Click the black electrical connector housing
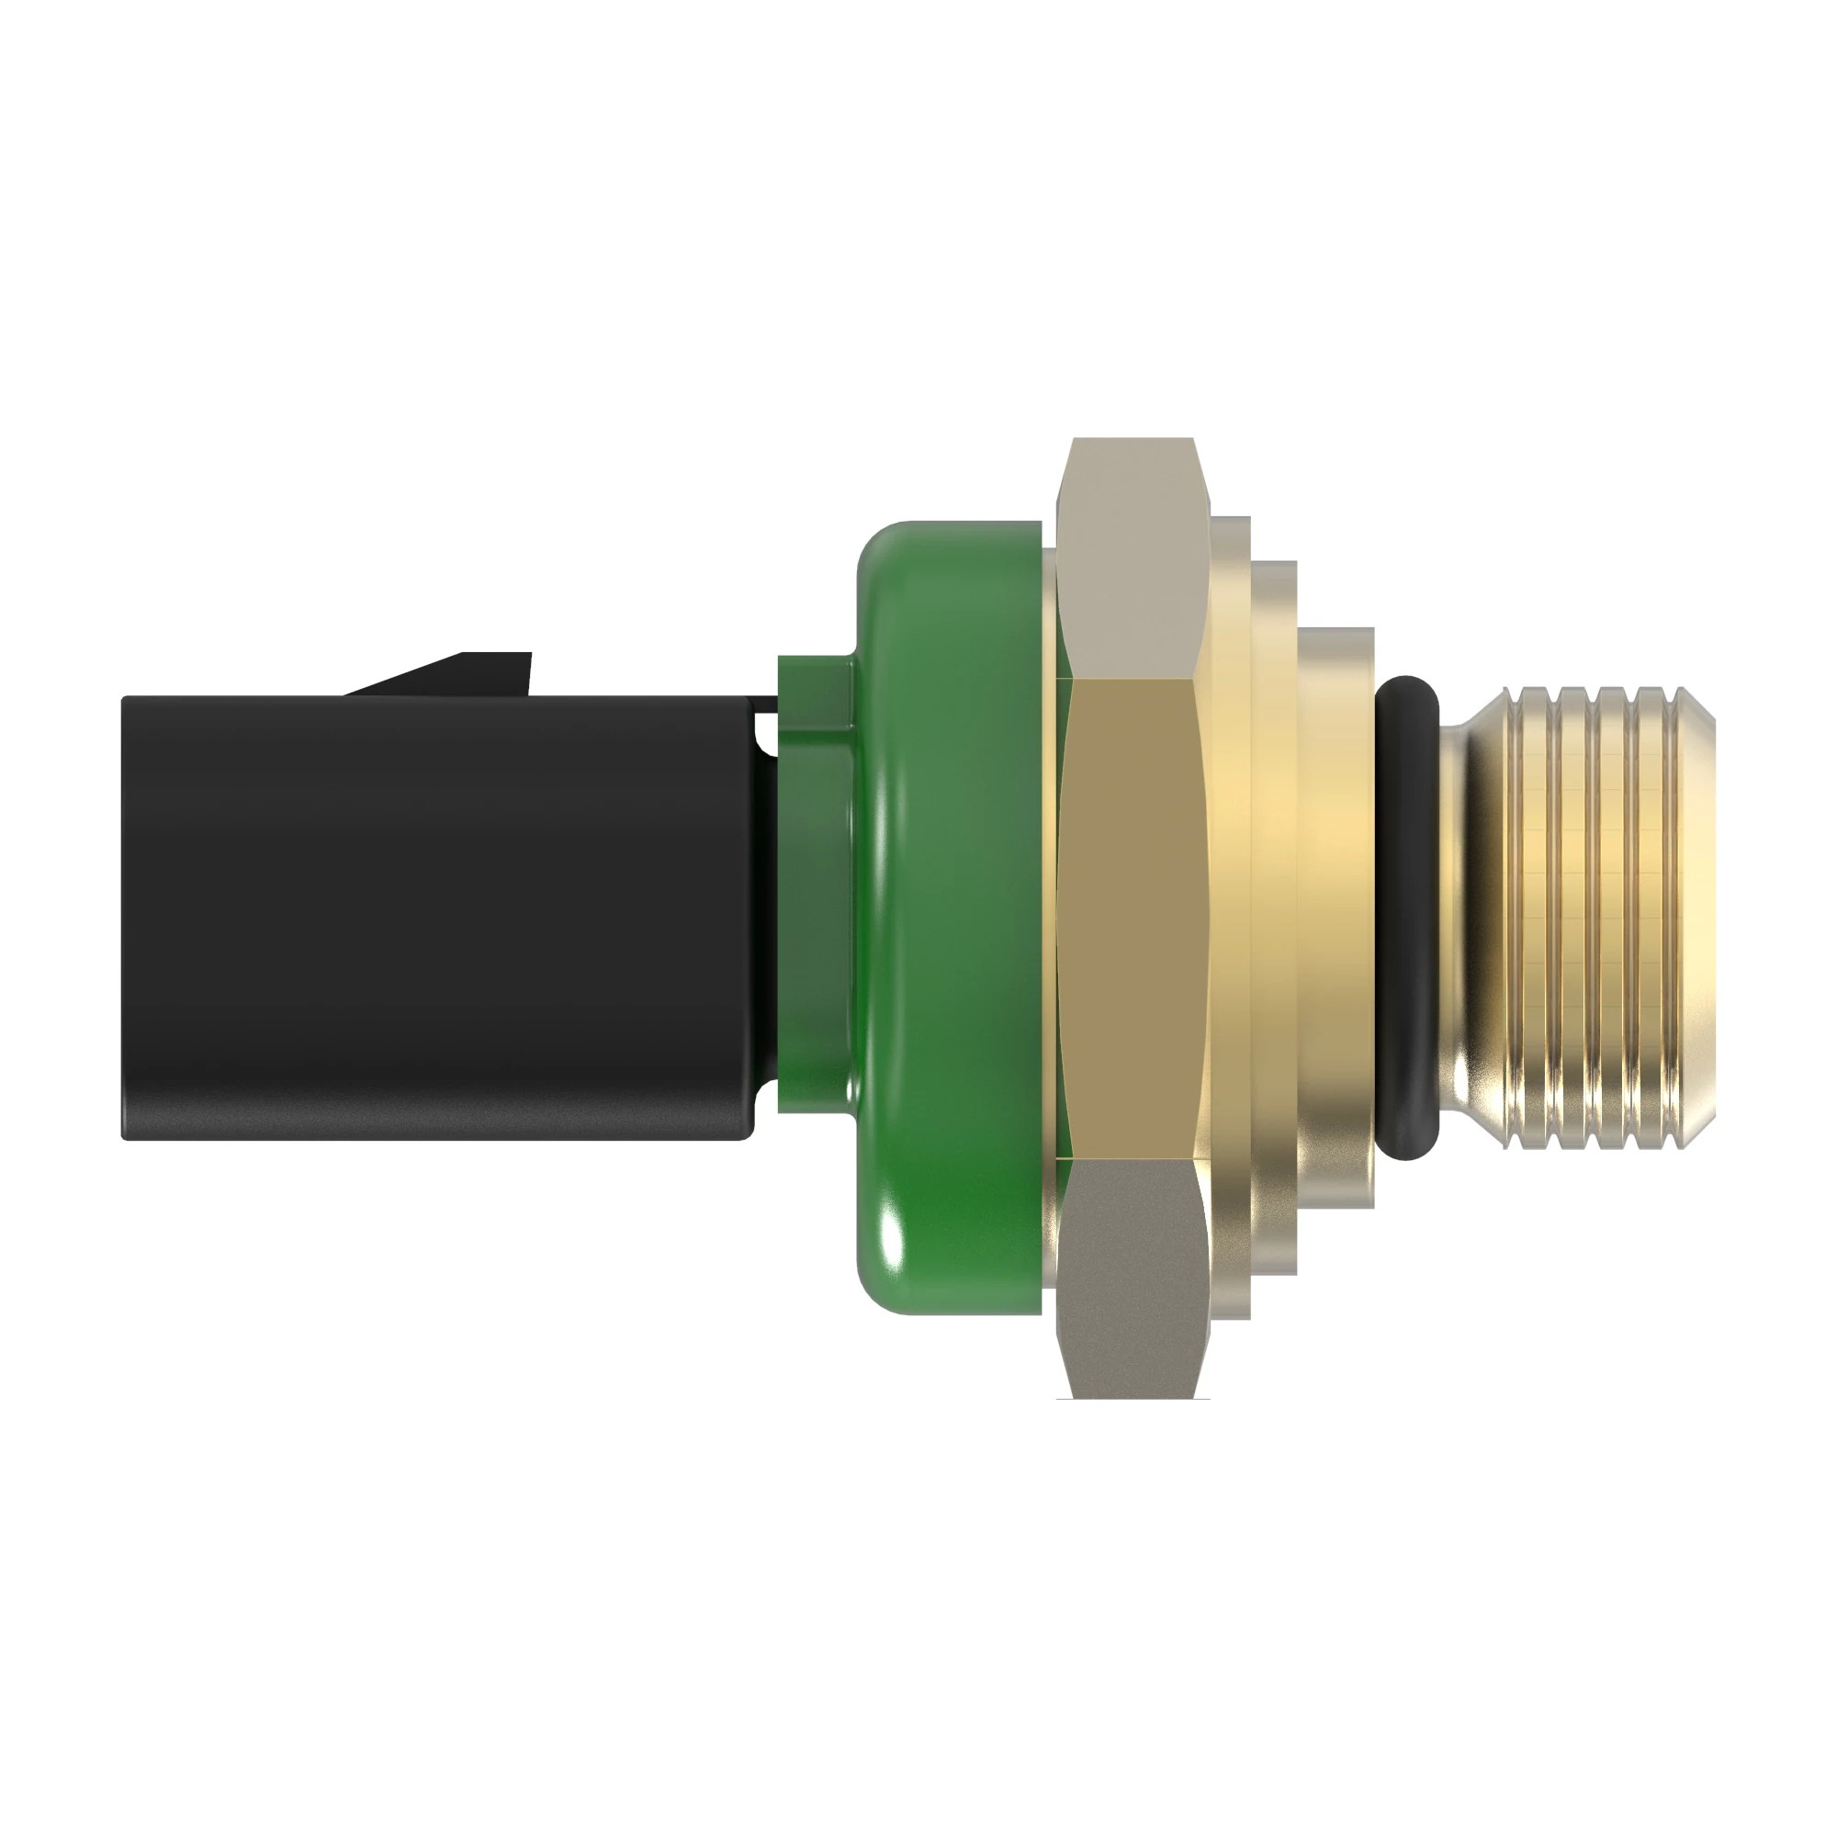click(437, 918)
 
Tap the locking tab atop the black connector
click(456, 673)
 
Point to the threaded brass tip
click(1597, 918)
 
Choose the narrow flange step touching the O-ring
click(1335, 918)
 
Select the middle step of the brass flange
click(1274, 918)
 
